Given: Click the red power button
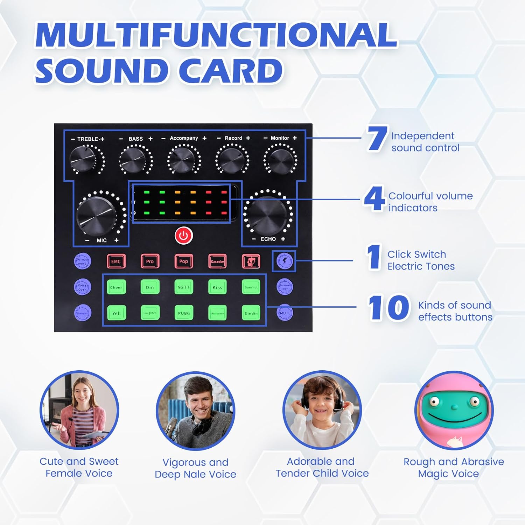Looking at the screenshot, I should [x=184, y=236].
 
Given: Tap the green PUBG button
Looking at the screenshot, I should [x=184, y=313].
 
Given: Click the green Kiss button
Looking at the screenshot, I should [x=217, y=287].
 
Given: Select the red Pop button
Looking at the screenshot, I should [x=184, y=261].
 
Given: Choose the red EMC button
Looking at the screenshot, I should [x=116, y=261].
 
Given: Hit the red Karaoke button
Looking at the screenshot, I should [x=217, y=261].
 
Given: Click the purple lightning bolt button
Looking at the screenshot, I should [x=285, y=261].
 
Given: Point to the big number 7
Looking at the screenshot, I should [x=377, y=139].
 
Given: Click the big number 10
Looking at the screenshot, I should [x=388, y=308].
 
